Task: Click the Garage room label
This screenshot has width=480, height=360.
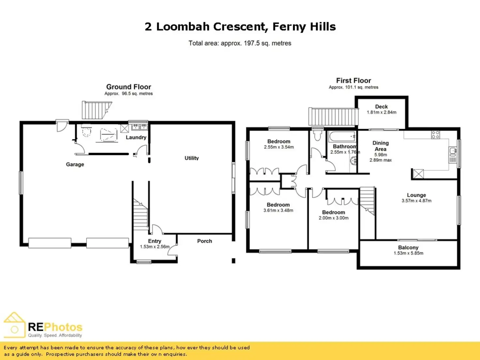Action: click(x=75, y=164)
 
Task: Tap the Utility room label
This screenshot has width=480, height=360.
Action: click(x=191, y=158)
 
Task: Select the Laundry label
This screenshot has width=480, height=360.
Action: click(x=136, y=138)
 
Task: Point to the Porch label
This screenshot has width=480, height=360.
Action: click(x=204, y=241)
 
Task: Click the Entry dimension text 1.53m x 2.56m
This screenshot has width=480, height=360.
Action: click(x=155, y=247)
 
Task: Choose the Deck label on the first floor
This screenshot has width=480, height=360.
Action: click(x=382, y=107)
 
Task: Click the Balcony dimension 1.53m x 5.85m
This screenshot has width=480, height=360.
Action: click(x=409, y=253)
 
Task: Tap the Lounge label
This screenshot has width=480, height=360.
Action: click(x=416, y=195)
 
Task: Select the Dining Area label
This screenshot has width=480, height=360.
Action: click(x=381, y=146)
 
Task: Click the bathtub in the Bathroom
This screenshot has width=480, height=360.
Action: click(x=342, y=136)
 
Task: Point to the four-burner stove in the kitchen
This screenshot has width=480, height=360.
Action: click(x=435, y=135)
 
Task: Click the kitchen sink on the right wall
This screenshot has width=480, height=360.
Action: click(x=453, y=152)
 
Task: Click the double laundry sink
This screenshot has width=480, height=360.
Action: click(x=140, y=127)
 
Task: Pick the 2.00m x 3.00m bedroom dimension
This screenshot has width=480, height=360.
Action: click(x=334, y=218)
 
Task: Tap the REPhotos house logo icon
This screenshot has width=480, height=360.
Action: click(x=14, y=325)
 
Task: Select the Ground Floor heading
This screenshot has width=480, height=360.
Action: click(x=128, y=87)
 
